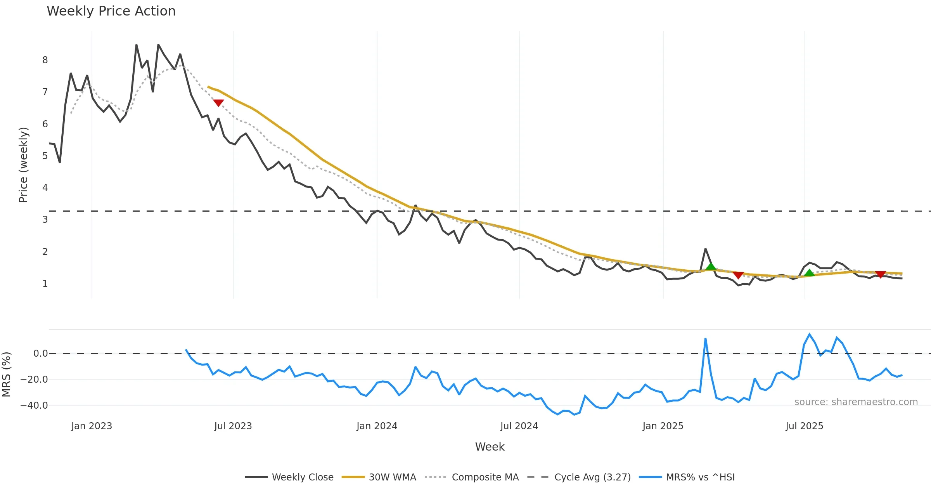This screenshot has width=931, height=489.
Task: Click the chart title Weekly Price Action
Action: coord(111,11)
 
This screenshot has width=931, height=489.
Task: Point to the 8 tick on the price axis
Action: coord(45,60)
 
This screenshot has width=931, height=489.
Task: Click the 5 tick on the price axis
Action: coord(45,156)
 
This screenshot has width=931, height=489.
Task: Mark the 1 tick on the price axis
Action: coord(45,284)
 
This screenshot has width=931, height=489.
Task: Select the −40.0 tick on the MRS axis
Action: coord(34,406)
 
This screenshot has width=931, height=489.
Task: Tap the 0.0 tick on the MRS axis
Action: coord(40,354)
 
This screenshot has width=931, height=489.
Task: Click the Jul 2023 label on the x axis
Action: coord(233,426)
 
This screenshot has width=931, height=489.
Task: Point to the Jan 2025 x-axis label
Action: coord(663,426)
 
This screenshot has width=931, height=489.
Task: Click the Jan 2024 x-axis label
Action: coord(377,426)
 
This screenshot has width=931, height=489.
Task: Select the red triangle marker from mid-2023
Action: coord(218,103)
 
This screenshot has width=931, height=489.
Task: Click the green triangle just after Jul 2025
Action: coord(809,273)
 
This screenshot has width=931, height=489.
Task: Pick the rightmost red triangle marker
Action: coord(881,274)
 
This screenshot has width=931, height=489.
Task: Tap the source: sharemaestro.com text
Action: coord(856,402)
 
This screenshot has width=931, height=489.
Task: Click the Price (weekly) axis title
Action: coord(23,165)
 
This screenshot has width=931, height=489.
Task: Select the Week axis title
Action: coord(490,447)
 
